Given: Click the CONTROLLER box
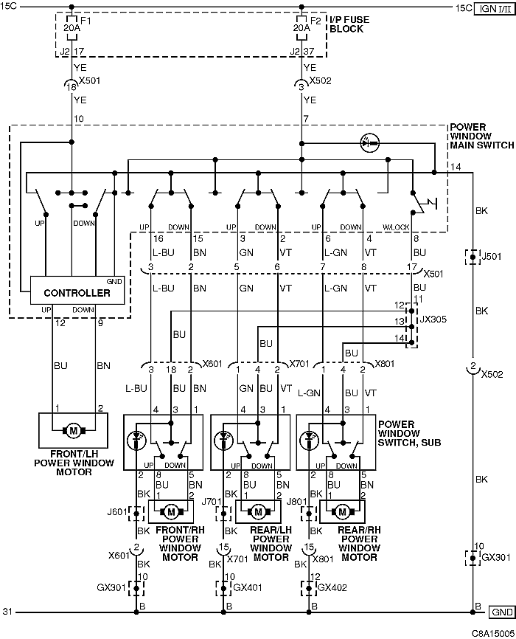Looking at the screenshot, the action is [x=77, y=291].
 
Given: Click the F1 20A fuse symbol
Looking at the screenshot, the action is [x=72, y=28].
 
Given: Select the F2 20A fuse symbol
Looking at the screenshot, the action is [x=301, y=28].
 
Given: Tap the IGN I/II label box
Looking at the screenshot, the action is [x=495, y=8].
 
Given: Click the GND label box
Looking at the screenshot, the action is [x=501, y=612].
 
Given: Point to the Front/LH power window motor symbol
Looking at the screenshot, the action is [x=73, y=430].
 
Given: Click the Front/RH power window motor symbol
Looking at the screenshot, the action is [x=171, y=512].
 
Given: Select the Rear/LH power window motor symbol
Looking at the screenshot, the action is [x=258, y=512].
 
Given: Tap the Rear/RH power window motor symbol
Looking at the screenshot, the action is [x=342, y=512].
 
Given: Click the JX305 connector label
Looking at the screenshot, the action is [x=433, y=319].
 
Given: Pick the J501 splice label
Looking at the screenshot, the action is [x=491, y=257].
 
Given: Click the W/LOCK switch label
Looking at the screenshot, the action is [x=396, y=227].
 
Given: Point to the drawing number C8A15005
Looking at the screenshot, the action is [x=493, y=633].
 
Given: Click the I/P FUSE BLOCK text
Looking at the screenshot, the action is [x=349, y=24].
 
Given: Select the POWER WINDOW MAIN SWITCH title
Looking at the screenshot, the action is [x=482, y=136].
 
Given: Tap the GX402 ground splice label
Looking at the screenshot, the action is [x=332, y=587].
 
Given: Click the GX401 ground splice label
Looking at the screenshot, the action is [x=247, y=587].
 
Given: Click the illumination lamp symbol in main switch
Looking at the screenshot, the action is [x=370, y=143].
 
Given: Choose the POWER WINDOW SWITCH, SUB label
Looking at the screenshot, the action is [x=409, y=433].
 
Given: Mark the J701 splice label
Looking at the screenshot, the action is [x=212, y=501].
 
